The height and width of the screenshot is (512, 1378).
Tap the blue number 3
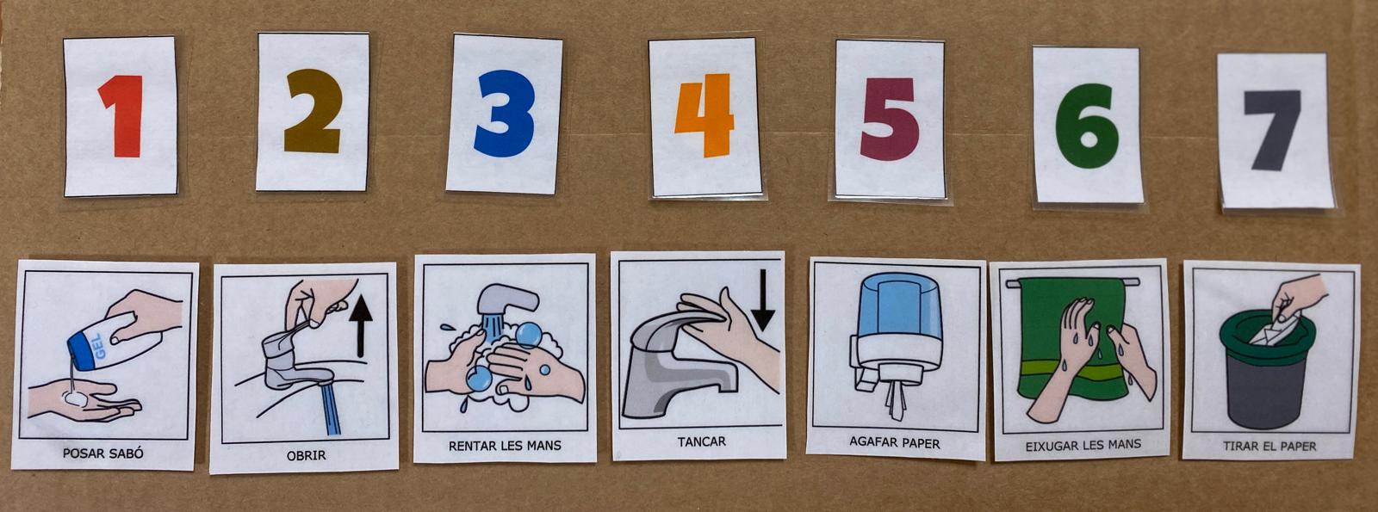click(x=503, y=113)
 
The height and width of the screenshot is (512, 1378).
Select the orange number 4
click(x=705, y=115)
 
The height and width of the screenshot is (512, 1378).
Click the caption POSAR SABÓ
click(x=103, y=453)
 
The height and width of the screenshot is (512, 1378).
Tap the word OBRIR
click(x=307, y=456)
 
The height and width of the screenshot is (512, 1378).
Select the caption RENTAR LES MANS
click(x=505, y=446)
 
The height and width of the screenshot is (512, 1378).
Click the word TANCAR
click(x=702, y=441)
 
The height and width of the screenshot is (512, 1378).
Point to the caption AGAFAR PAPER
click(x=895, y=442)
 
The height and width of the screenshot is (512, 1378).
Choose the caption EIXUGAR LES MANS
click(x=1083, y=445)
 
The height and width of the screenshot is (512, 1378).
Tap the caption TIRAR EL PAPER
click(x=1269, y=447)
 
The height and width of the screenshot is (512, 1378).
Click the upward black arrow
click(x=361, y=326)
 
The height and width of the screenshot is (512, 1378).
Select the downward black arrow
click(x=763, y=300)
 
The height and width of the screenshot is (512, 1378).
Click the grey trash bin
click(x=1267, y=370)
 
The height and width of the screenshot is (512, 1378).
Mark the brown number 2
click(x=313, y=111)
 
